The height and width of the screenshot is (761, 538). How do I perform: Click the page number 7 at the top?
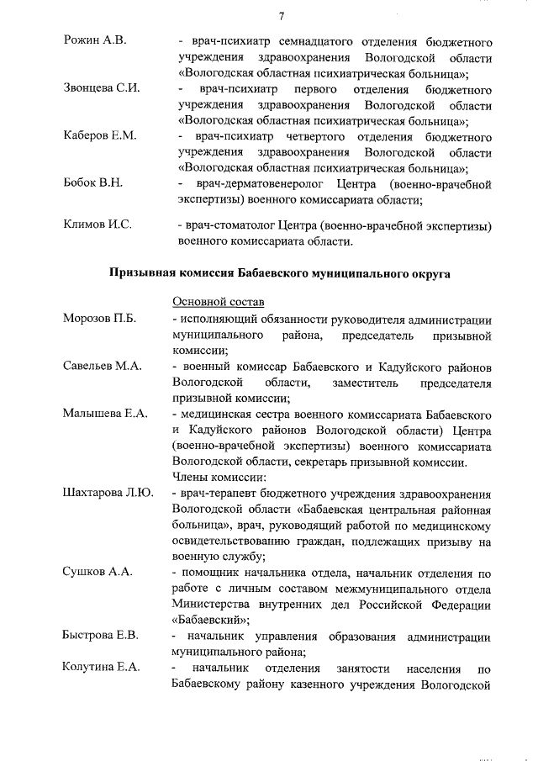click(282, 14)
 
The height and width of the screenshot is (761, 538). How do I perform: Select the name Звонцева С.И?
click(101, 88)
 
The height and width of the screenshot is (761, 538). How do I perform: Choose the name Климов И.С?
click(98, 225)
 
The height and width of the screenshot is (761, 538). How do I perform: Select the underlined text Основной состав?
click(218, 302)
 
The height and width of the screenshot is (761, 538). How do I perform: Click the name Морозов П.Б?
click(100, 319)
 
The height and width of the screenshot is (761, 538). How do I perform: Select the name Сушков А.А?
click(98, 572)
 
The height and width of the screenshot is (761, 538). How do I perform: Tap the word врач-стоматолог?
click(220, 225)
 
